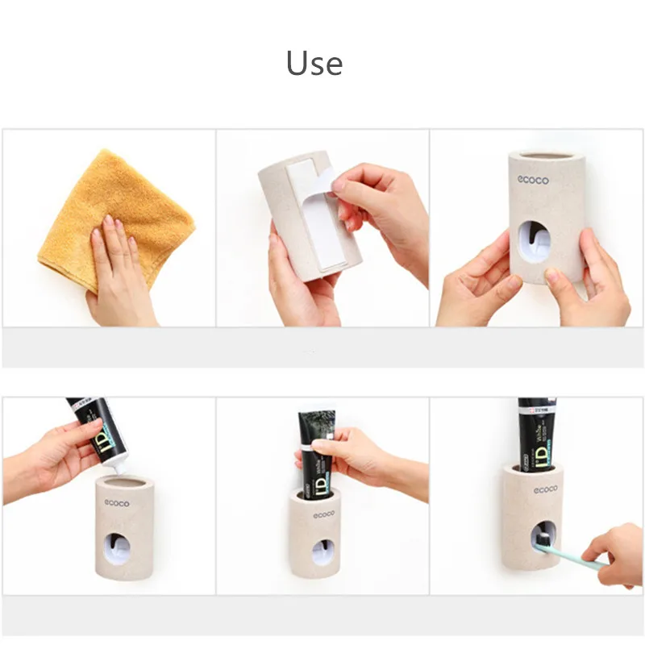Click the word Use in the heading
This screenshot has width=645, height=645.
point(314,63)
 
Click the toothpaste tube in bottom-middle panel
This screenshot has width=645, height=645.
point(316,451)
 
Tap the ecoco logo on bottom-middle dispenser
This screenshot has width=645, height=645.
point(324,514)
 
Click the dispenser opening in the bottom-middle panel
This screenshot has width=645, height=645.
point(324,551)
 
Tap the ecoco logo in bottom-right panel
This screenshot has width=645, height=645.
point(545,489)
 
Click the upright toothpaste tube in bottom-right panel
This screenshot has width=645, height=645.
point(535,431)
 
